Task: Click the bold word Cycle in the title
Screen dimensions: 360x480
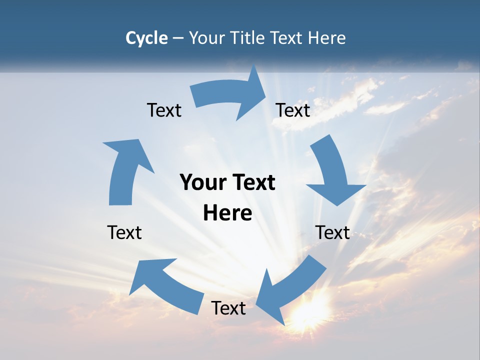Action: (x=146, y=38)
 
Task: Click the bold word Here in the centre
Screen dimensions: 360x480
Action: (x=227, y=213)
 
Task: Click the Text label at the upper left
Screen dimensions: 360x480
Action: (x=164, y=110)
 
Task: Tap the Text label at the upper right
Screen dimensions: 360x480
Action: (x=293, y=110)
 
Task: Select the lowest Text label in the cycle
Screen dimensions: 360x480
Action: (x=228, y=308)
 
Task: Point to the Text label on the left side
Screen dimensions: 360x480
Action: (x=124, y=232)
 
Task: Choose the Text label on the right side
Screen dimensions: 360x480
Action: (x=333, y=232)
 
